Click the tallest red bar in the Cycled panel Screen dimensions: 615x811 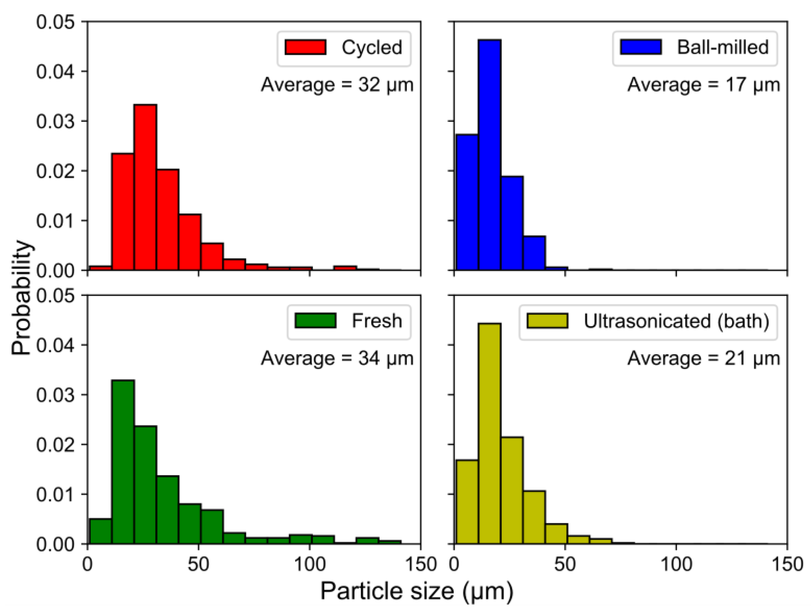145,187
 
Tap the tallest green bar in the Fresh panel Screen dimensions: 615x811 123,462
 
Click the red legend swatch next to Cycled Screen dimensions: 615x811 305,48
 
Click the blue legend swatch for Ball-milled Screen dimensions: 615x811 640,48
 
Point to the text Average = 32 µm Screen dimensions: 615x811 337,85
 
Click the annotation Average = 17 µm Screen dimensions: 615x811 703,85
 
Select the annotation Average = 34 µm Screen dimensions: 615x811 337,358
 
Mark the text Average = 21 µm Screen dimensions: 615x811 703,358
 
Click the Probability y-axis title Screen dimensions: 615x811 21,297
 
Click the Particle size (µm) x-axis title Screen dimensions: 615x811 417,591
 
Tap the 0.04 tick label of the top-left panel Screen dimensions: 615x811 55,72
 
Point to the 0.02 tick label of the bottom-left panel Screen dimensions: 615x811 55,444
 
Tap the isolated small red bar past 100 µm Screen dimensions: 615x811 345,268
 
